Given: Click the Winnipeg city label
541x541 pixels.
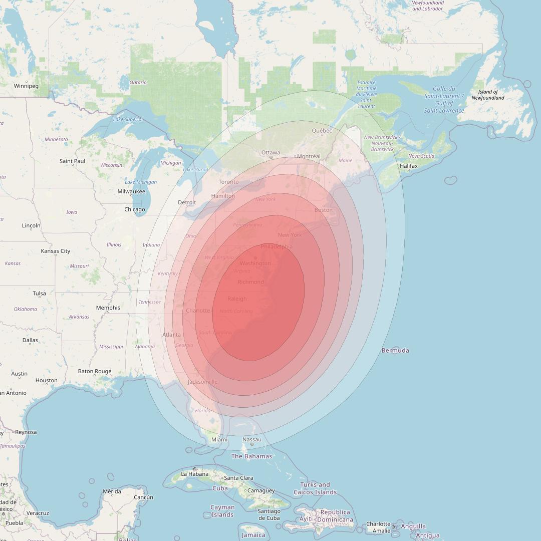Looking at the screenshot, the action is pyautogui.click(x=26, y=86).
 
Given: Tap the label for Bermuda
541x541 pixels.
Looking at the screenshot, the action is pyautogui.click(x=395, y=350).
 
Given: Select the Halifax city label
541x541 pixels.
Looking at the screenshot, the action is pyautogui.click(x=409, y=166).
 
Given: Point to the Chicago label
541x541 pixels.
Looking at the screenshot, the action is pyautogui.click(x=134, y=209).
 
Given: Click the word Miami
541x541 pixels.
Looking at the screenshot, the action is pyautogui.click(x=219, y=439).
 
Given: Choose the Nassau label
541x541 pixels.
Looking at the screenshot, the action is pyautogui.click(x=251, y=439).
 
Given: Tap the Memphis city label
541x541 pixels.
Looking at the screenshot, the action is pyautogui.click(x=108, y=308).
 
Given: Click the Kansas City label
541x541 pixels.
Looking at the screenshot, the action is pyautogui.click(x=56, y=251).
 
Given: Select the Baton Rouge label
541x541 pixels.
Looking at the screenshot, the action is pyautogui.click(x=95, y=371).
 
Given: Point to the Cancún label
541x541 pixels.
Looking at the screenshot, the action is pyautogui.click(x=143, y=497).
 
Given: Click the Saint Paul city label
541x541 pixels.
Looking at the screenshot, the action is pyautogui.click(x=73, y=161).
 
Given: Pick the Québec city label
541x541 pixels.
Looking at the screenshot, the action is pyautogui.click(x=322, y=131).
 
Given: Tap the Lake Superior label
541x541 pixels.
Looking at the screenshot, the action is pyautogui.click(x=128, y=119).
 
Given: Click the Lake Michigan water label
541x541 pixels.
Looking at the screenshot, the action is pyautogui.click(x=141, y=182).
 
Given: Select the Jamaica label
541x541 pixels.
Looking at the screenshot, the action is pyautogui.click(x=253, y=535).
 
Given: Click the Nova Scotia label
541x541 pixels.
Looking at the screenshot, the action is pyautogui.click(x=421, y=156).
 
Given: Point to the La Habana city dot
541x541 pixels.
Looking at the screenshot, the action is pyautogui.click(x=195, y=469).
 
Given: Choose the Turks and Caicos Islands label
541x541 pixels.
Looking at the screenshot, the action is pyautogui.click(x=315, y=488).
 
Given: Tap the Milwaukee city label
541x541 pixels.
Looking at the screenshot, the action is pyautogui.click(x=131, y=191).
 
